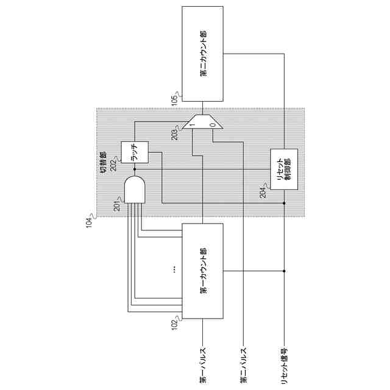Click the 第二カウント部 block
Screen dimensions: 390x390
(203, 54)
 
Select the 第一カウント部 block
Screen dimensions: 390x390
(203, 271)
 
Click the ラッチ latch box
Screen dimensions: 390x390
(134, 152)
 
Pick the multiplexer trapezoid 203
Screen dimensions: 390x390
(203, 122)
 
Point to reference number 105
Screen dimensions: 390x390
(175, 99)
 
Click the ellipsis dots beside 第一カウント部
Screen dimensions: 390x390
(175, 269)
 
